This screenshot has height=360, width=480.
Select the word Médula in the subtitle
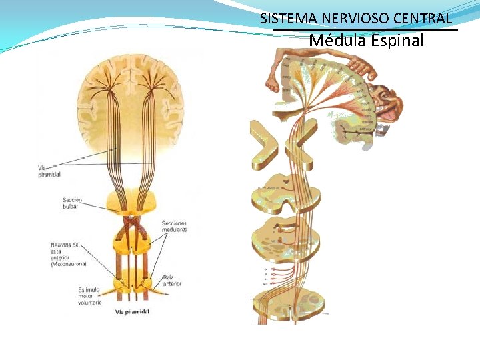click(x=337, y=41)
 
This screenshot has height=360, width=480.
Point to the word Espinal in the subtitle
click(x=397, y=41)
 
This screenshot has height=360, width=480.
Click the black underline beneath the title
click(x=366, y=29)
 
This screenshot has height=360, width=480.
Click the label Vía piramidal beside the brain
click(x=49, y=171)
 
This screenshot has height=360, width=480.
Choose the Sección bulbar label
click(x=71, y=203)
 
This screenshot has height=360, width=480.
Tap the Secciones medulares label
click(x=174, y=226)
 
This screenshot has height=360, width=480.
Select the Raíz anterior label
click(x=173, y=279)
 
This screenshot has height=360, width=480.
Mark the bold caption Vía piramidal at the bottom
click(x=132, y=312)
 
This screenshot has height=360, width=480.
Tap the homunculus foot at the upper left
click(x=273, y=79)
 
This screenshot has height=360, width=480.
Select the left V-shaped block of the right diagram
click(x=264, y=144)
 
